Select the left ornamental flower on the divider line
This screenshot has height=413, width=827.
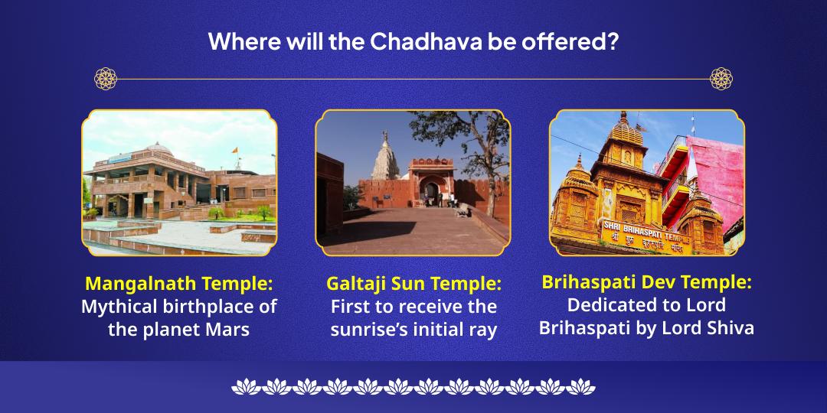[x=106, y=79]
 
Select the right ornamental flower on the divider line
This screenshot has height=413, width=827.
[x=721, y=79]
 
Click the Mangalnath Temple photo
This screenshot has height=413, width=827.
[x=179, y=182]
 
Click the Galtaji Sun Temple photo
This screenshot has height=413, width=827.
[x=413, y=182]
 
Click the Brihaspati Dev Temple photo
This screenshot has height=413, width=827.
[x=646, y=182]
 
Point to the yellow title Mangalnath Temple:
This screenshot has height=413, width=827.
[x=179, y=284]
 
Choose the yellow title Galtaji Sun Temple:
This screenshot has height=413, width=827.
[x=413, y=284]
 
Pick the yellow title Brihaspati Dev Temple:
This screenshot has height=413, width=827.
[x=646, y=282]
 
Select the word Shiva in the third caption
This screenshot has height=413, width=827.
[x=731, y=328]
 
